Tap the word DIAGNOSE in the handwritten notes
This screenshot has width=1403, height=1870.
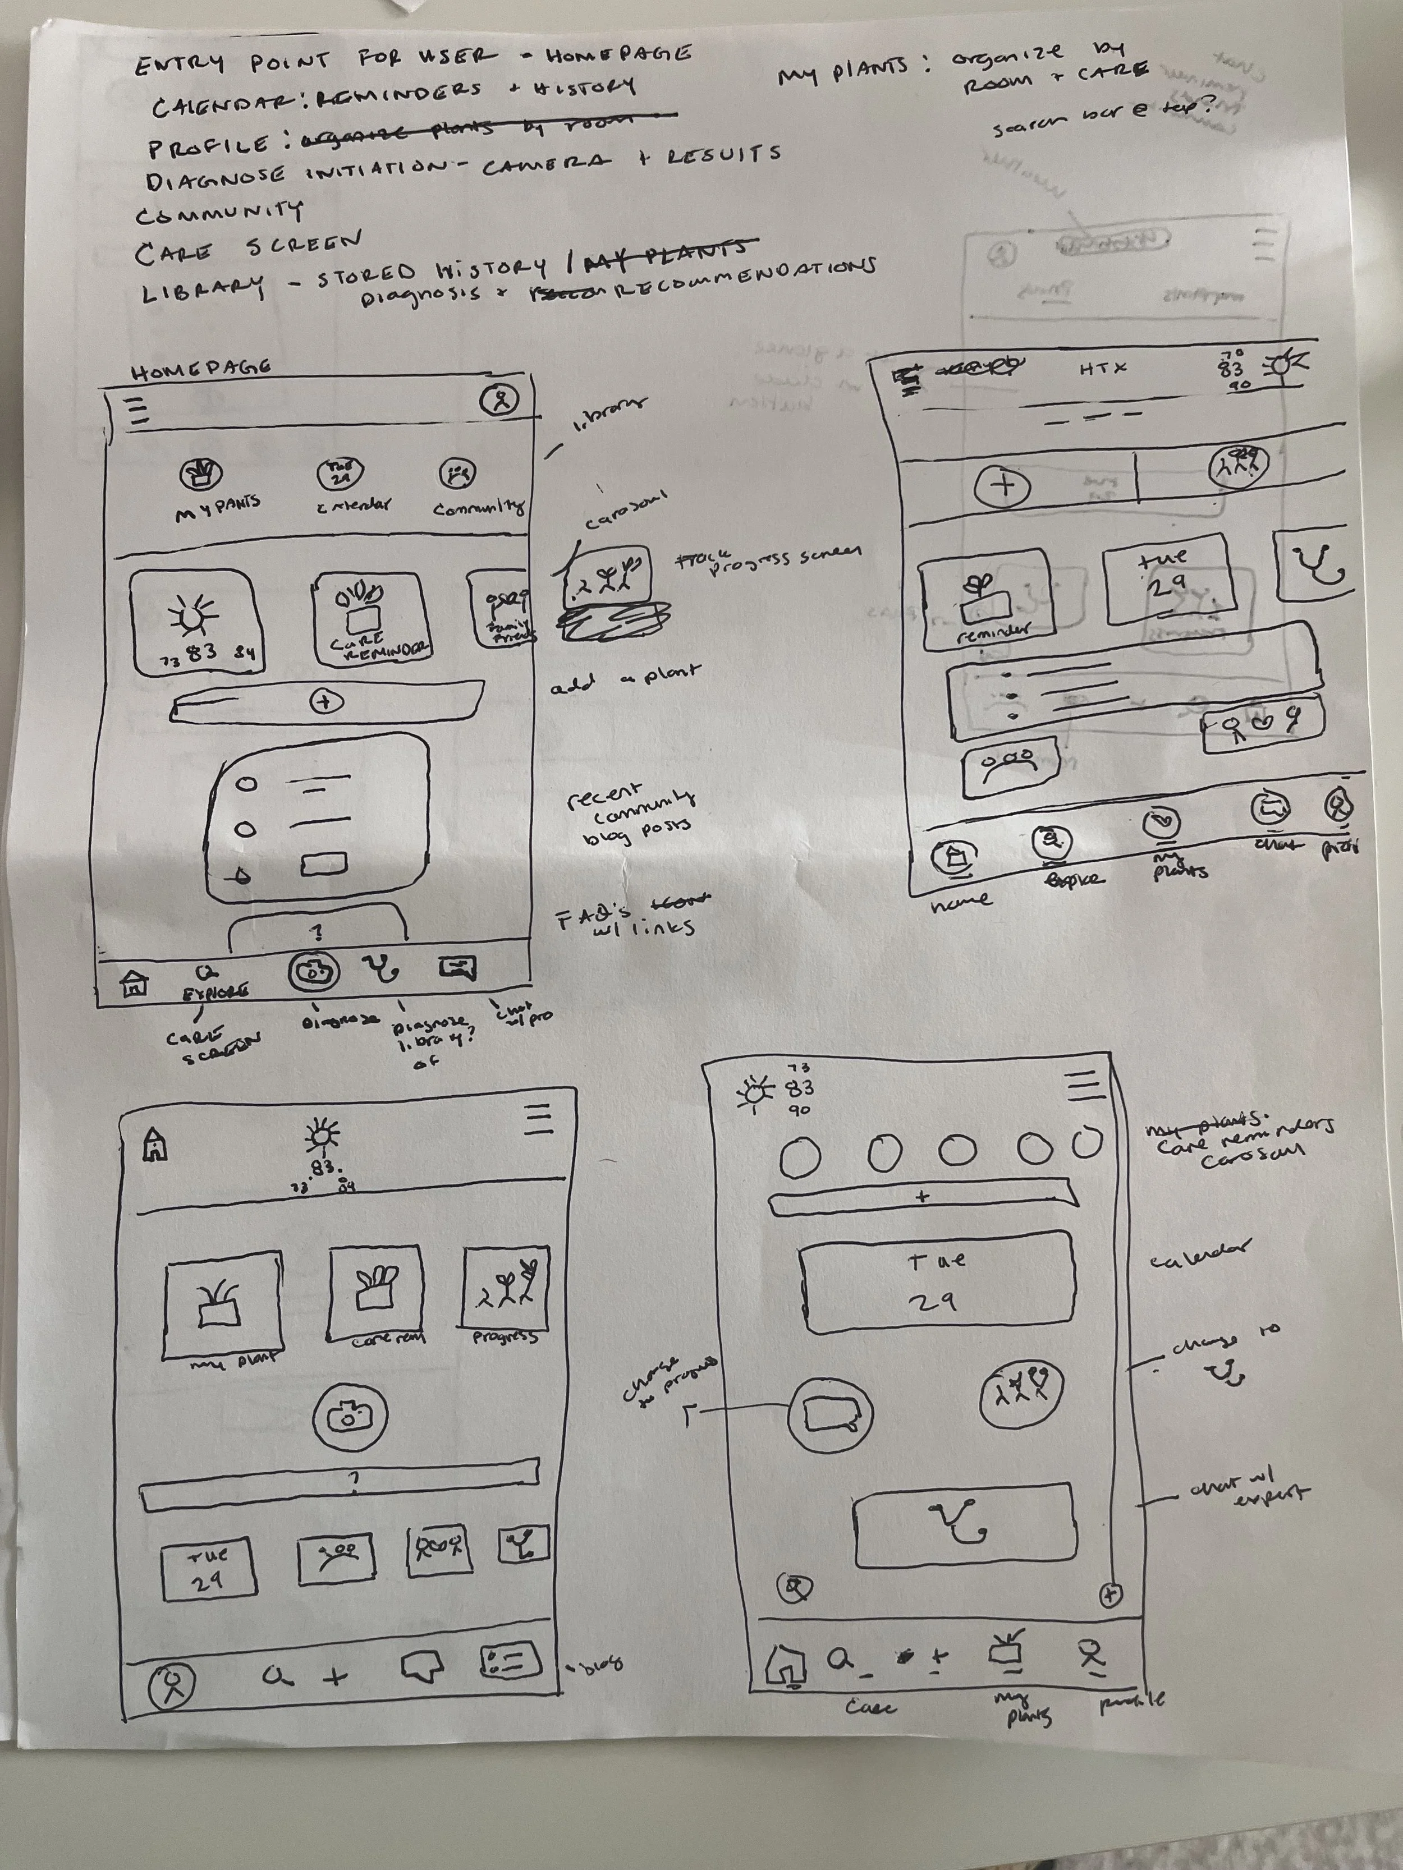216,179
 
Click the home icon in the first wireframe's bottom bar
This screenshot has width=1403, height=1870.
134,982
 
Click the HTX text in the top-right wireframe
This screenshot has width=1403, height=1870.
1103,369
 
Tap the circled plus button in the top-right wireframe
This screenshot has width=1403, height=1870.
1004,487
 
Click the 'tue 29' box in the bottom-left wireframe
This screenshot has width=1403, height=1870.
208,1568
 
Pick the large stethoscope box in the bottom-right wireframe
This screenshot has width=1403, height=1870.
965,1523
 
